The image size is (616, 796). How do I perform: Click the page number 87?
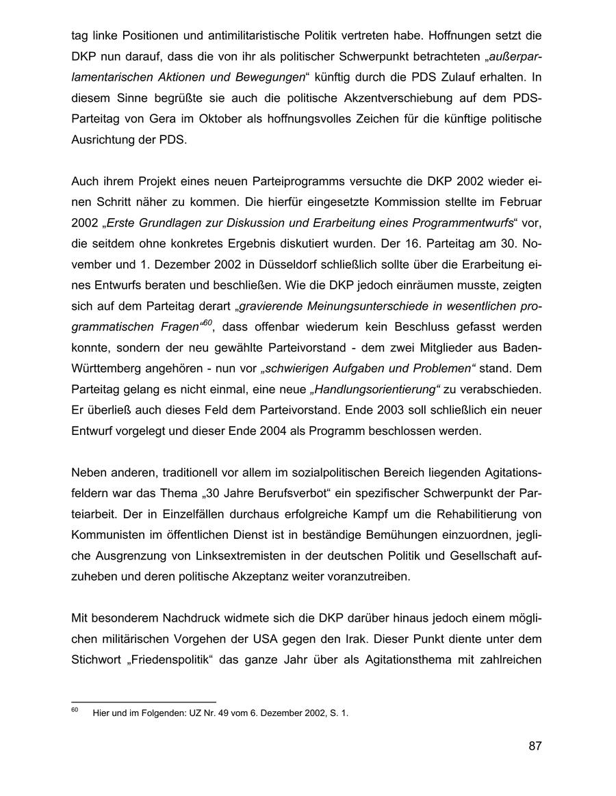[x=535, y=746]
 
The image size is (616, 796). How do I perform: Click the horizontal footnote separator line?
[x=143, y=702]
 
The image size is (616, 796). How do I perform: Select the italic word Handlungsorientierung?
[x=373, y=389]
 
